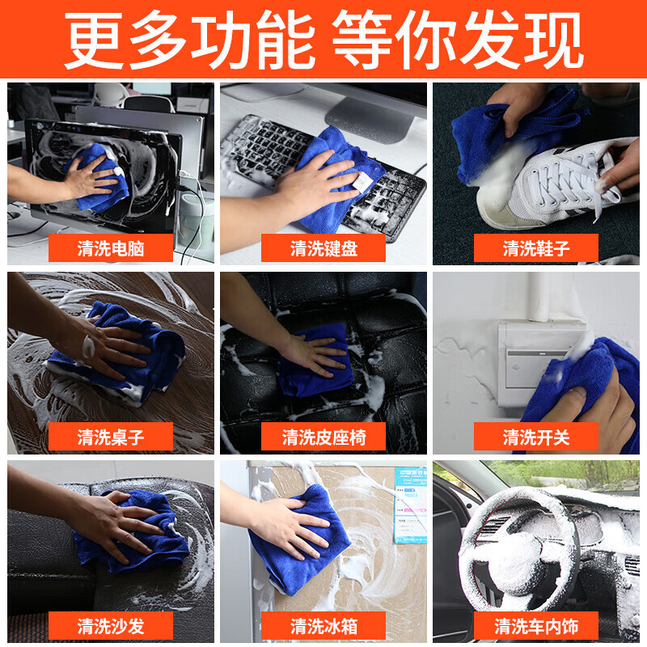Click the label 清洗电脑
coord(111,248)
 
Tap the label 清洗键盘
coord(323,248)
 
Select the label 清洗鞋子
coord(536,248)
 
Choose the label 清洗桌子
coord(111,437)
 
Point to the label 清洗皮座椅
coord(323,437)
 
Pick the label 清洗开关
coord(536,437)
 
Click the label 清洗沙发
coord(111,626)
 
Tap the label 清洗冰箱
coord(323,626)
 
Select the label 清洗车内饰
coord(536,626)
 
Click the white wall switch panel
coord(536,363)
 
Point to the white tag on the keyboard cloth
coord(362,182)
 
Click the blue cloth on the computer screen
coord(98,178)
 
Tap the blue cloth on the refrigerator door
coord(297,540)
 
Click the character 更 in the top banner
coord(95,40)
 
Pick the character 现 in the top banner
coord(553,40)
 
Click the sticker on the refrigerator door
coord(410,505)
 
